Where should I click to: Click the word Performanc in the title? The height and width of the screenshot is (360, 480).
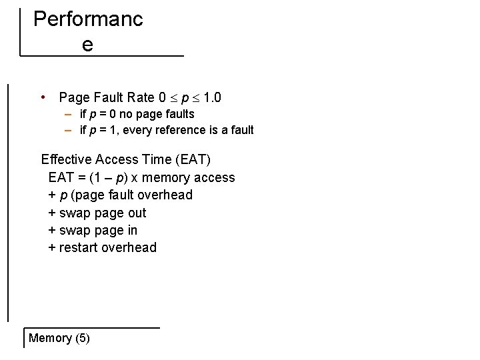[88, 19]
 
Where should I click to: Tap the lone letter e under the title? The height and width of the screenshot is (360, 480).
[87, 45]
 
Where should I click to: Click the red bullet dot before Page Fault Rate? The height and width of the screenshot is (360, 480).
[43, 97]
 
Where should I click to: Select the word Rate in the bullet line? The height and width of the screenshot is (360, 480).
[140, 98]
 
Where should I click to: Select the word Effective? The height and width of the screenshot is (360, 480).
[66, 159]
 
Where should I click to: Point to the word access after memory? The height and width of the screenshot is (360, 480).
[215, 178]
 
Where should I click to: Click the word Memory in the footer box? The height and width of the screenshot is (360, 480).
[50, 338]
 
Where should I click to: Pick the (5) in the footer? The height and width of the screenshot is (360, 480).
[83, 338]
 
